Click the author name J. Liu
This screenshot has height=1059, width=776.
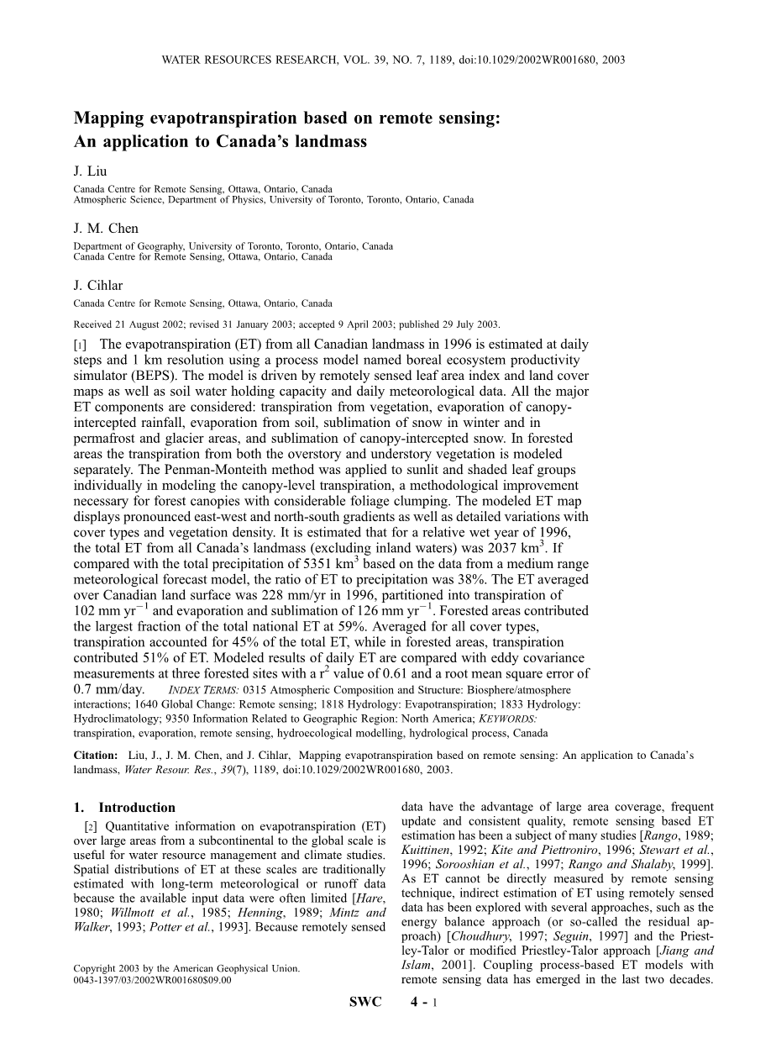tap(90, 171)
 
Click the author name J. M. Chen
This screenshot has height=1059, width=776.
tap(106, 229)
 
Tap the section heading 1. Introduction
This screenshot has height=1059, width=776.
tap(124, 808)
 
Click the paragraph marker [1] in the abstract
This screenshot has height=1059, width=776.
tap(81, 345)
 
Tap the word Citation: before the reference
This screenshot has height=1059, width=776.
tap(97, 756)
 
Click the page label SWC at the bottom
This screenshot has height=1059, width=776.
tap(364, 1025)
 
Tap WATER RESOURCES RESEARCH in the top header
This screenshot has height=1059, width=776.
tap(244, 61)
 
